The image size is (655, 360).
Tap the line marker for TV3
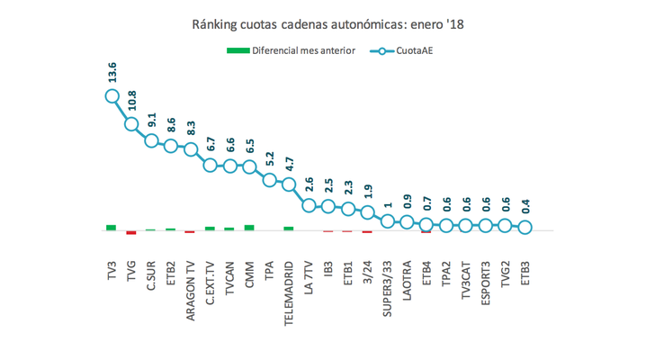tap(112, 95)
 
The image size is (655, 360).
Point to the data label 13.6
tap(112, 73)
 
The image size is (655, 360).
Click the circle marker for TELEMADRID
tap(289, 184)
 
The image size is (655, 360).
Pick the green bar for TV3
tap(112, 227)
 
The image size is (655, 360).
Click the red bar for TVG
tap(131, 232)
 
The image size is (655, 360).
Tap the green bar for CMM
tap(249, 227)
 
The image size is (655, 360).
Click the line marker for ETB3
tap(525, 228)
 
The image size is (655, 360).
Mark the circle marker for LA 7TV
tap(309, 205)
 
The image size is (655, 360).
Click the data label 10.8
tap(131, 101)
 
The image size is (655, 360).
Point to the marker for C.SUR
tap(151, 140)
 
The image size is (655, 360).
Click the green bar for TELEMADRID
tap(289, 228)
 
